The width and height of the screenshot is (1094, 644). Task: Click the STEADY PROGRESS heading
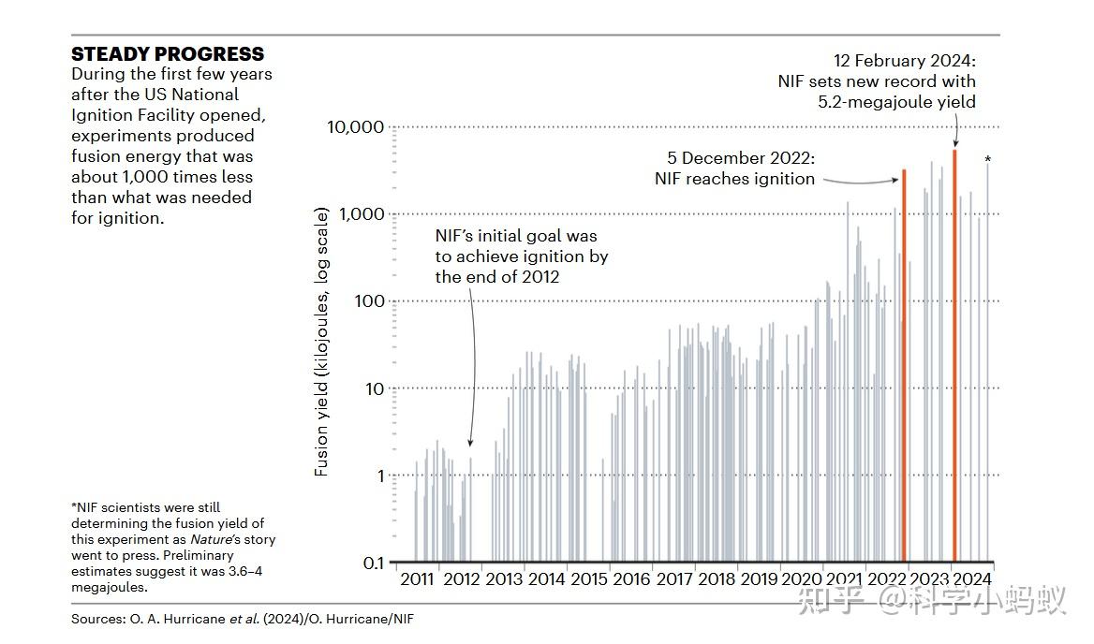click(x=168, y=54)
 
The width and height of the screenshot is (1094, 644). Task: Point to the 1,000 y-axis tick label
click(x=362, y=214)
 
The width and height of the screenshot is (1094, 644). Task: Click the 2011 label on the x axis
click(x=417, y=579)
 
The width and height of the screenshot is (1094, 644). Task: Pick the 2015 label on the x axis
click(x=588, y=579)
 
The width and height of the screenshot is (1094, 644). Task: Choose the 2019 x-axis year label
click(x=759, y=579)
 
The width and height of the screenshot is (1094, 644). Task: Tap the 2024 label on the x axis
click(x=972, y=579)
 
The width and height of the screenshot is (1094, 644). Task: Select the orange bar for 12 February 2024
click(x=954, y=356)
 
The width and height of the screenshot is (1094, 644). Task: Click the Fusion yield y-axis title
click(x=321, y=343)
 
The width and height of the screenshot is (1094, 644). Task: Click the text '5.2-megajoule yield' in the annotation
click(x=897, y=102)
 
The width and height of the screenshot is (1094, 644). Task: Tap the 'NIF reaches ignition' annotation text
click(x=734, y=179)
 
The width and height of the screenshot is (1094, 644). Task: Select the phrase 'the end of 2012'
click(x=496, y=277)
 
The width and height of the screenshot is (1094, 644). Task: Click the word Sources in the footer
click(x=98, y=620)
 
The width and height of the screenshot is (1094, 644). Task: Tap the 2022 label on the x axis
click(x=887, y=579)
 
